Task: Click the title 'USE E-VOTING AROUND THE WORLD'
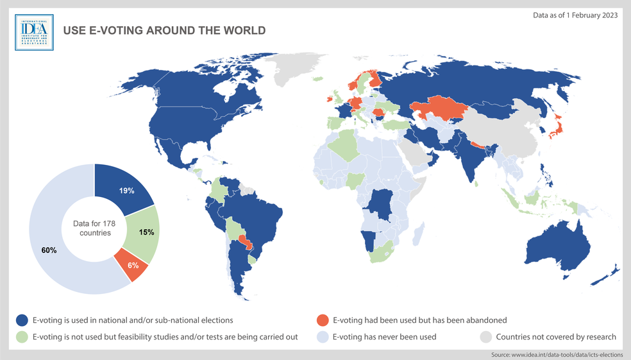pos(164,30)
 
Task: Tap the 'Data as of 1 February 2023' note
pos(575,15)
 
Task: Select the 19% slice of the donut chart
pos(124,188)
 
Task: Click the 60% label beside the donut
pos(49,250)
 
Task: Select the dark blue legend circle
pos(22,320)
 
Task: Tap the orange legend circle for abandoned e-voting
pos(323,320)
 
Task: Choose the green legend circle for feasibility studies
pos(22,336)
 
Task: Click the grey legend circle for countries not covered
pos(486,336)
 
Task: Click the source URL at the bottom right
pos(557,354)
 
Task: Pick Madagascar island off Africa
pos(417,234)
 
